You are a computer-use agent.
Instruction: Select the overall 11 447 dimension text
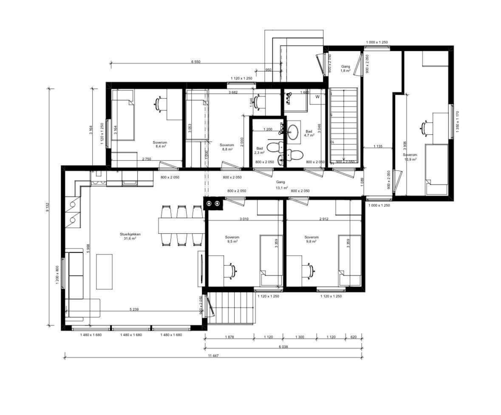point(213,355)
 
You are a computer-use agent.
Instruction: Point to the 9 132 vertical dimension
point(48,207)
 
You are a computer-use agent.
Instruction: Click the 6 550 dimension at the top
point(195,62)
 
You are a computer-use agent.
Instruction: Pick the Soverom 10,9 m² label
point(410,157)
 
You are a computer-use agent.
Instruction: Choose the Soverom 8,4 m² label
point(160,144)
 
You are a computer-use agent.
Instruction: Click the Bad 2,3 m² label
point(260,150)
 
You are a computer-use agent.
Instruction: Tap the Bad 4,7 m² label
point(309,133)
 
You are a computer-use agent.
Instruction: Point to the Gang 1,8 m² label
point(345,69)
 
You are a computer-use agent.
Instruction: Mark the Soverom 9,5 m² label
point(232,239)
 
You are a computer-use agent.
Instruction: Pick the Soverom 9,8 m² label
point(311,239)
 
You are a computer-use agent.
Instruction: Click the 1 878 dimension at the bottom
point(230,337)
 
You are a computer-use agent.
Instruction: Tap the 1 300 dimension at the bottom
point(300,337)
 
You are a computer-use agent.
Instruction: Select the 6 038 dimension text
point(284,347)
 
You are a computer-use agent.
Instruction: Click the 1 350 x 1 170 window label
point(457,122)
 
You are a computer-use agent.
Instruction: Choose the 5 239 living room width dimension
point(134,310)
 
